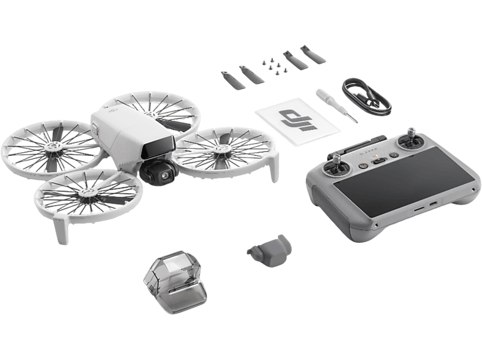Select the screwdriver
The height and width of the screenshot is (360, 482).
pos(337,105)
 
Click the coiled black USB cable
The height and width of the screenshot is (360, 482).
pos(367,96)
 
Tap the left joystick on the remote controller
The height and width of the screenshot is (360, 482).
pos(337,166)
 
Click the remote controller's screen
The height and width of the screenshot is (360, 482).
pos(404,182)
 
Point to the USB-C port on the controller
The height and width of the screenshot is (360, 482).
pos(433,204)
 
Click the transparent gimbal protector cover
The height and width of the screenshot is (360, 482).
pos(175,281)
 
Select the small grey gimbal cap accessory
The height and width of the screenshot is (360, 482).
pos(270,251)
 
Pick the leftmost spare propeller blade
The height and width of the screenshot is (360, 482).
pos(232,80)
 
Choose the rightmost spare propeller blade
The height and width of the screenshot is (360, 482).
pos(313,54)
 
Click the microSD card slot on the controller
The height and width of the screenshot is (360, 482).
pos(419,209)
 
